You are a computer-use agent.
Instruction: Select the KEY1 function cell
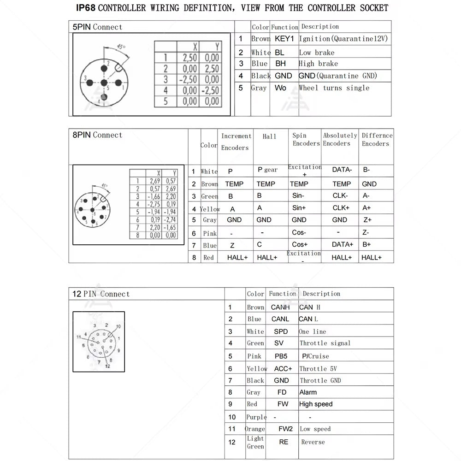click(x=284, y=39)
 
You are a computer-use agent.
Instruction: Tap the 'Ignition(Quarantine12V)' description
click(x=343, y=39)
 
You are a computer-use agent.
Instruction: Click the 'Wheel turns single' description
click(x=334, y=88)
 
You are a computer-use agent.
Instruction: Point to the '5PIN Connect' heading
click(x=97, y=27)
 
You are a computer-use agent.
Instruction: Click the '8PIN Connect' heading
click(x=97, y=135)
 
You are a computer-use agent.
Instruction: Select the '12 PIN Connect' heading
click(x=101, y=294)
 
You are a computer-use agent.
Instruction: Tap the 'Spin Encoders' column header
click(x=306, y=139)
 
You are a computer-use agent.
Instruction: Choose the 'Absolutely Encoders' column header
click(x=340, y=139)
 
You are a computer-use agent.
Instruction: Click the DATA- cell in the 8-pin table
click(x=342, y=170)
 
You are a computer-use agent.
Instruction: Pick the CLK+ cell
click(x=341, y=208)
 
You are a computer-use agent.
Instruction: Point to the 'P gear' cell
click(x=267, y=170)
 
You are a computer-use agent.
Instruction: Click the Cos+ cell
click(x=300, y=244)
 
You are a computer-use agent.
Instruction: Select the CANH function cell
click(x=280, y=307)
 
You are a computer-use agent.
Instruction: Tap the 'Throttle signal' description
click(x=325, y=343)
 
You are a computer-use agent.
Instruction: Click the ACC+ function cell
click(x=283, y=368)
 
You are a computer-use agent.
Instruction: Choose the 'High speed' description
click(x=316, y=404)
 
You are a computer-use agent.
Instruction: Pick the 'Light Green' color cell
click(x=255, y=442)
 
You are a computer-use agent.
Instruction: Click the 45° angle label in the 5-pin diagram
click(x=121, y=47)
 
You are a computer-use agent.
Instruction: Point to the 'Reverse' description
click(x=313, y=442)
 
